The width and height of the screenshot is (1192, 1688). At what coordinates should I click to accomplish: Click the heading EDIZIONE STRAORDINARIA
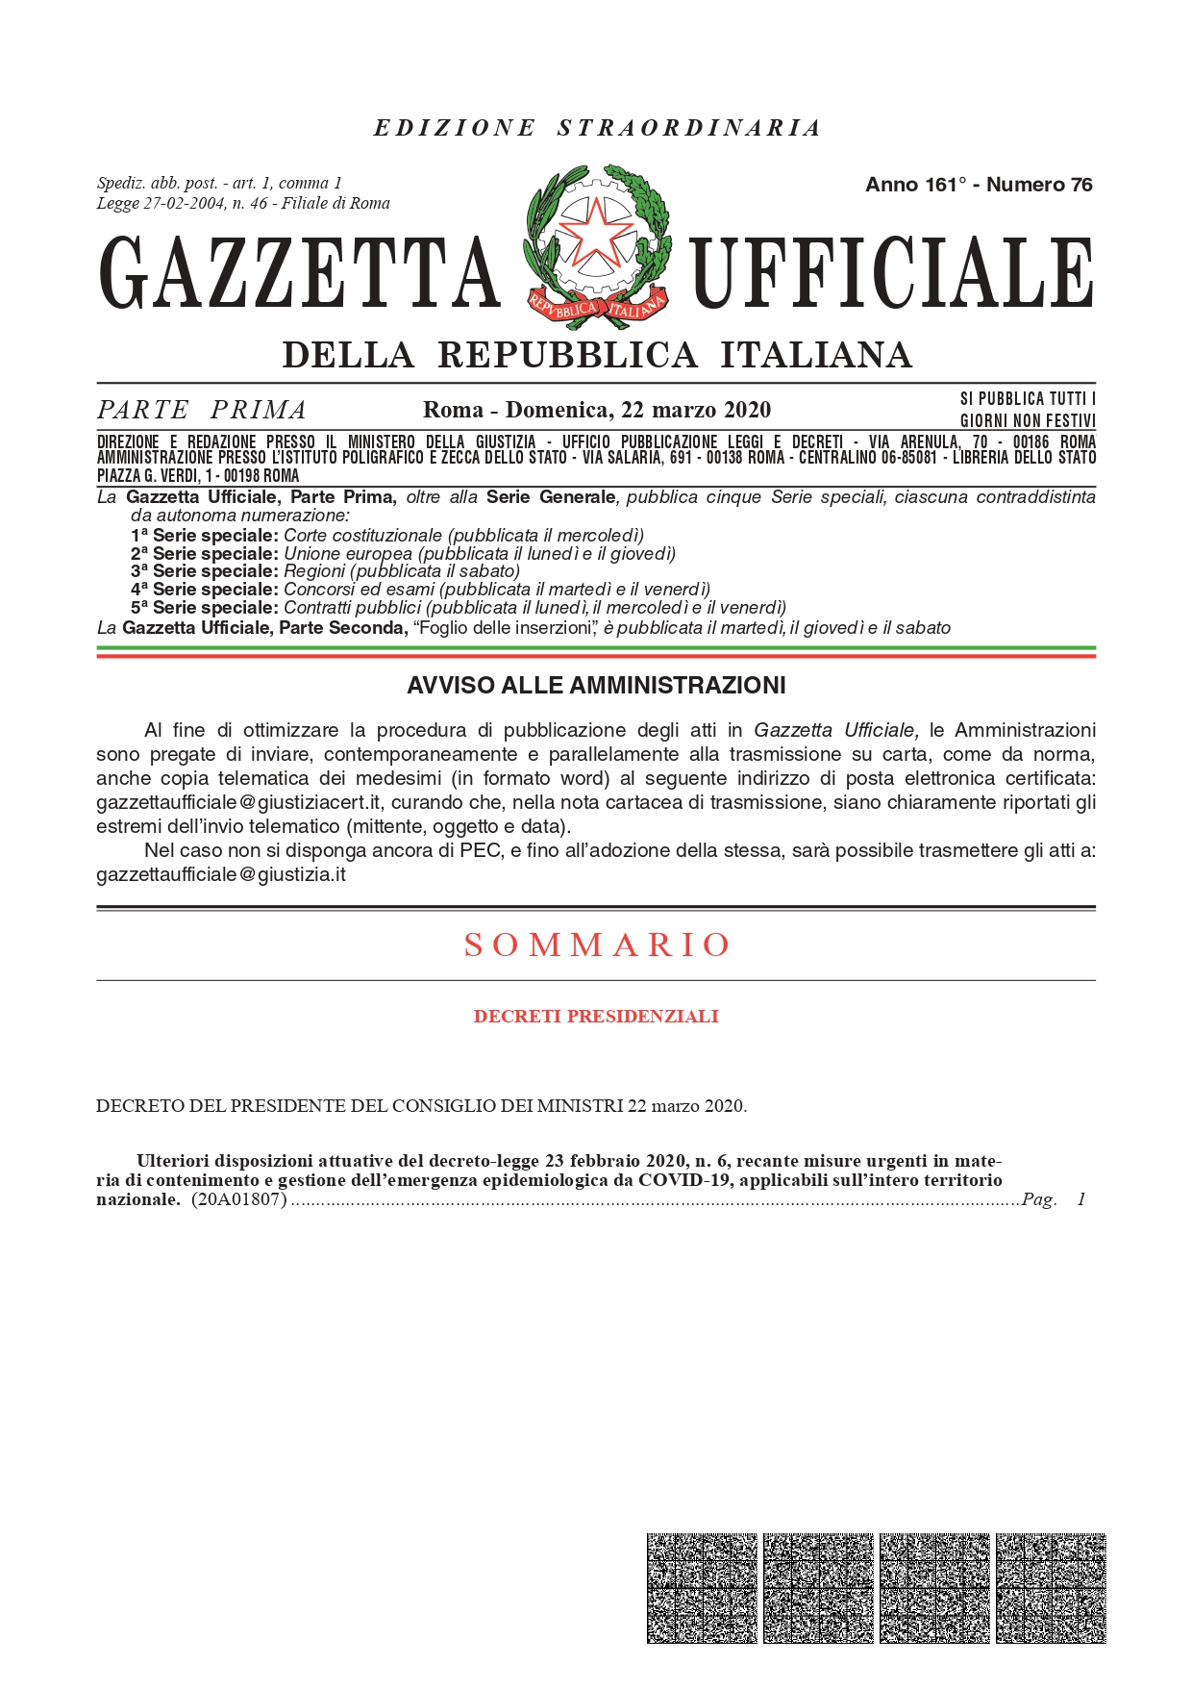[596, 128]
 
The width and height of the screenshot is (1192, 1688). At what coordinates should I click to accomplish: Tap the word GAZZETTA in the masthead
[300, 274]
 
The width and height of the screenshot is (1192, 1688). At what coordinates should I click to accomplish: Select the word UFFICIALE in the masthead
[893, 274]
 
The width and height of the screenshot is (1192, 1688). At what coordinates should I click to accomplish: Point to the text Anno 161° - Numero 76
[979, 185]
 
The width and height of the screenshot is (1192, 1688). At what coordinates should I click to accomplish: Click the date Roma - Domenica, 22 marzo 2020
[596, 411]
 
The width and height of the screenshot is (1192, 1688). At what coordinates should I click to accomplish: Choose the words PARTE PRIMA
[202, 411]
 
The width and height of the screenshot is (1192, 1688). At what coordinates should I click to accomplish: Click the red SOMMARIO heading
[596, 945]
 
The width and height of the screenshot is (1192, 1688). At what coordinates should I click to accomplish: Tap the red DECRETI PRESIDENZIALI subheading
[596, 1017]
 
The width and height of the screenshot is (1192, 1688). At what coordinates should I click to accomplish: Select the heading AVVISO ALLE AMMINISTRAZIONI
[596, 686]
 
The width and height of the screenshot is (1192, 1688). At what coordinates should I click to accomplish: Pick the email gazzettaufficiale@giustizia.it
[221, 874]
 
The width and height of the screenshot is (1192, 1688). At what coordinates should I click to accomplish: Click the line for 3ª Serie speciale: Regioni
[325, 571]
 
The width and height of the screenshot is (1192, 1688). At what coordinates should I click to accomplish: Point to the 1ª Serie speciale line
[386, 536]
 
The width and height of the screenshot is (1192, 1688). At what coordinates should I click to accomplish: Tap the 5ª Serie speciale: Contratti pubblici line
[458, 608]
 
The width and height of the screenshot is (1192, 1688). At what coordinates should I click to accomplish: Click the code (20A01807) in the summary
[239, 1199]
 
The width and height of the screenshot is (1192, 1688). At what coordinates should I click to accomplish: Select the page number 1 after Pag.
[1081, 1199]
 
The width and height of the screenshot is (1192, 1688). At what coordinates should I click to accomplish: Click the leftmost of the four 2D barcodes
[702, 1588]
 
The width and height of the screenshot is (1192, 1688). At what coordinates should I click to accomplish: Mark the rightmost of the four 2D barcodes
[1051, 1588]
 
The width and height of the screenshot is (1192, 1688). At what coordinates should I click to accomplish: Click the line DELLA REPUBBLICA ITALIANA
[596, 355]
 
